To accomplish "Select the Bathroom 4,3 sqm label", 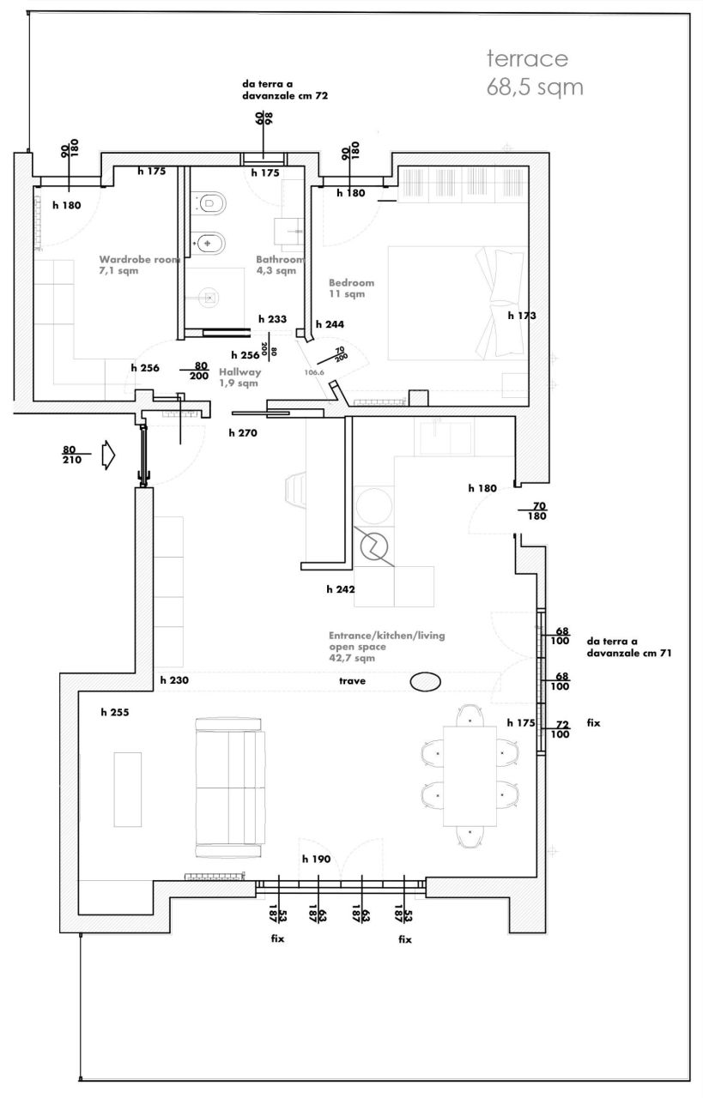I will coord(279,264).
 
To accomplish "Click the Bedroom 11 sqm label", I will coord(352,287).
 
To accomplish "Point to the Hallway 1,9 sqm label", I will coord(239,377).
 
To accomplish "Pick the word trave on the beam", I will coord(353,681).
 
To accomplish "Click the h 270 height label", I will coord(243,433).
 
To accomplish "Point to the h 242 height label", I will coord(341,589).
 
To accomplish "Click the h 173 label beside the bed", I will coord(521,316).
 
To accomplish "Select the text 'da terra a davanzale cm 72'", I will coord(284,91).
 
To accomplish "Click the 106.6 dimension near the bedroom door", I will coord(314,372).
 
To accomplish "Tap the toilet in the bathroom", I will coord(210,204).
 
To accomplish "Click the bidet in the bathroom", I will coord(210,242).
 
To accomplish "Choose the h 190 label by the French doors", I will coord(316,859).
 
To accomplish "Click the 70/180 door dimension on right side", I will coord(539,511).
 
